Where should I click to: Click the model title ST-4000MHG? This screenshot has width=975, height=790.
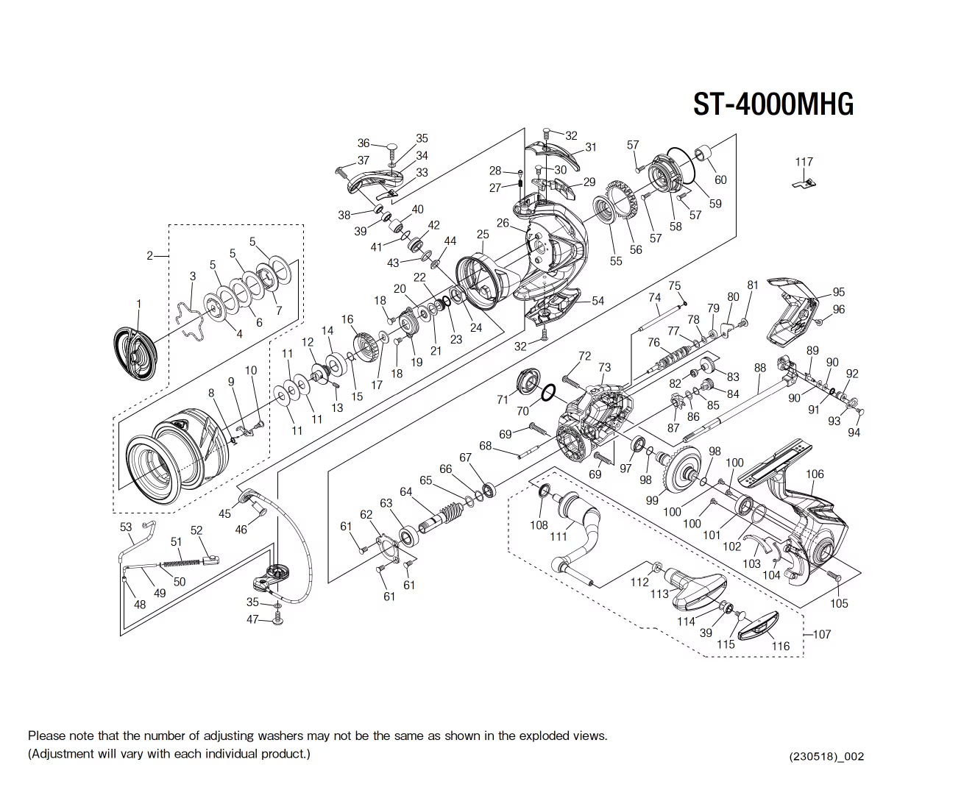tap(773, 104)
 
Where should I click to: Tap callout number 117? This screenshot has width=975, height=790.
tap(804, 162)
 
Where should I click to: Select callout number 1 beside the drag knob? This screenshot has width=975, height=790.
tap(138, 304)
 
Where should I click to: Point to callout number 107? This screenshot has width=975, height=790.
tap(821, 634)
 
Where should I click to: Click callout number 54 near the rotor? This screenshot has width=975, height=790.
tap(598, 300)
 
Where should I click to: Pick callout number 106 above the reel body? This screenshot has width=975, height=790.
tap(815, 474)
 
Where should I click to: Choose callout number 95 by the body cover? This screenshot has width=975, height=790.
tap(838, 292)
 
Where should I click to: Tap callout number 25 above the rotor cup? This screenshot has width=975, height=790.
tap(482, 235)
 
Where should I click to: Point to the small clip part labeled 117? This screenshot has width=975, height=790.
tap(804, 182)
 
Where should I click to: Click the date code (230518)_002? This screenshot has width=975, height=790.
tap(826, 756)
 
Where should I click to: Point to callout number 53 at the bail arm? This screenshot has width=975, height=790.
tap(126, 527)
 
